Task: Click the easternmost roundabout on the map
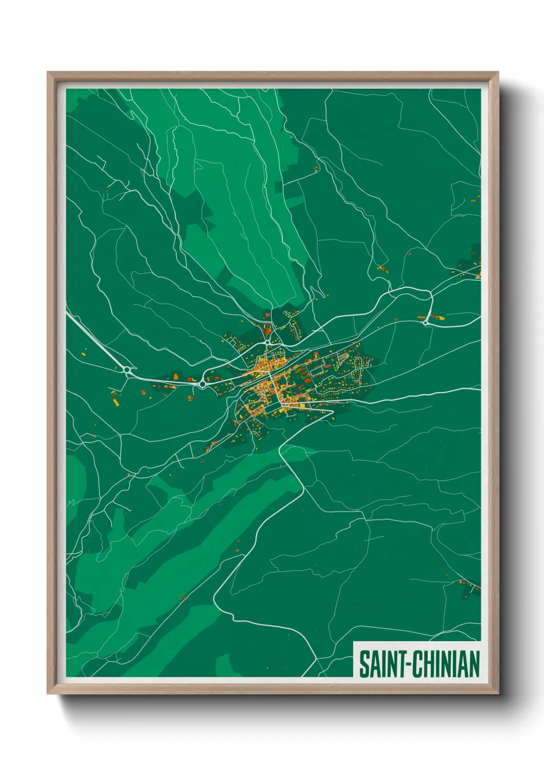click(425, 322)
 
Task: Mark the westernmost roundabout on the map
click(126, 369)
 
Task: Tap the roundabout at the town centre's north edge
click(268, 341)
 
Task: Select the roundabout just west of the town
click(203, 384)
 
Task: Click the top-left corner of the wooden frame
click(48, 73)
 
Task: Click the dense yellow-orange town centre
click(267, 378)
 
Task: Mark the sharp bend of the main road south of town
click(280, 450)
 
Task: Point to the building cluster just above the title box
click(469, 587)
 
